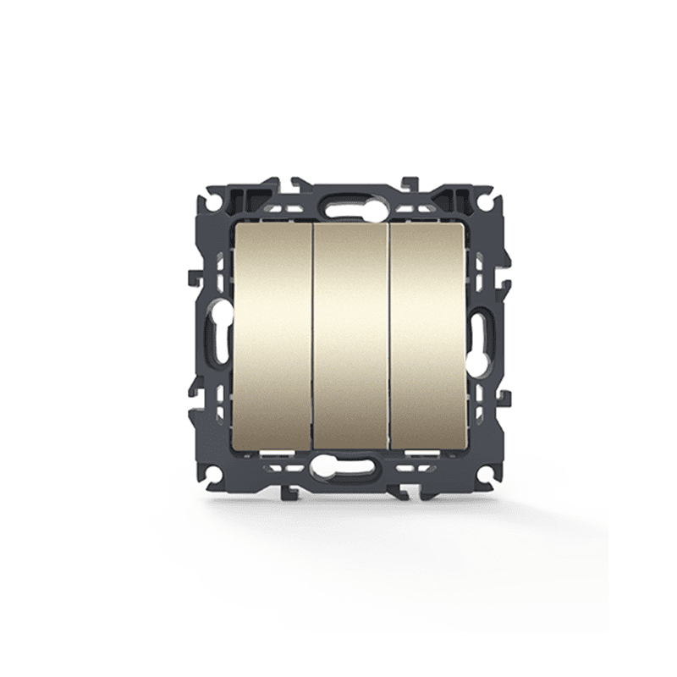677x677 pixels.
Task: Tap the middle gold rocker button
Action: click(x=350, y=334)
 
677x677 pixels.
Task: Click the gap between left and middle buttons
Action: click(x=313, y=334)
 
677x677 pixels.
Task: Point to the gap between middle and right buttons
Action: click(x=389, y=334)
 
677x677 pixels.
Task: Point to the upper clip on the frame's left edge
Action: click(x=192, y=275)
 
